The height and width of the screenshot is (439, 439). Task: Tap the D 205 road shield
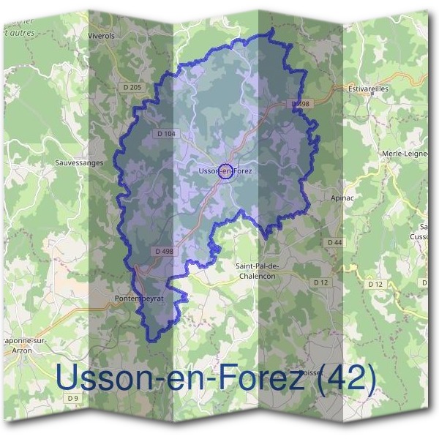coord(132,86)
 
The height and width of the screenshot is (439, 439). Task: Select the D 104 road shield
coord(166,134)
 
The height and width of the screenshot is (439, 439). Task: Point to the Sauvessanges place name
coord(80,162)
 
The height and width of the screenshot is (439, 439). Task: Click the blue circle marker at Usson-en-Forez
coord(226,171)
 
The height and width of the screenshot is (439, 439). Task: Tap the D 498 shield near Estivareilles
coord(301,105)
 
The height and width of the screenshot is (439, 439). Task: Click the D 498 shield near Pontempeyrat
coord(165,251)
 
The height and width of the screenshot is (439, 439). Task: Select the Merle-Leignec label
coord(404,153)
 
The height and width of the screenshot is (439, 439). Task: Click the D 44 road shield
coord(334,241)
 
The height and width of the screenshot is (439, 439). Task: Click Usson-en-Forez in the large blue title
coord(179,378)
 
